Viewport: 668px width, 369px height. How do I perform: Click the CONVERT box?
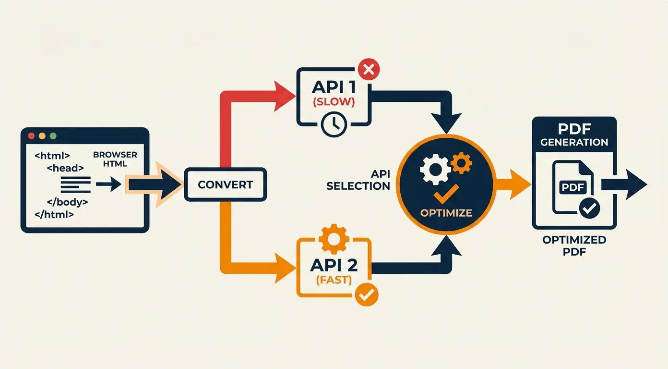click(x=225, y=184)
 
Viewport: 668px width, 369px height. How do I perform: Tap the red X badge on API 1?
click(x=368, y=71)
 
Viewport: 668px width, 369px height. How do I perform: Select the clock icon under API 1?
click(x=334, y=123)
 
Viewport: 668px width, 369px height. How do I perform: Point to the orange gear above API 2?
click(x=333, y=239)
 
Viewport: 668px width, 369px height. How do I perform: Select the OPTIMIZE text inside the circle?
click(x=446, y=213)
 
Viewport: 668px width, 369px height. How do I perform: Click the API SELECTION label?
click(x=359, y=180)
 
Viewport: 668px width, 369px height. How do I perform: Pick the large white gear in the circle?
click(x=434, y=169)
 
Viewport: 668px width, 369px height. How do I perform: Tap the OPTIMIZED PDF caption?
click(x=574, y=246)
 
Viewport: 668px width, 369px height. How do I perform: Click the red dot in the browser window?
click(x=32, y=136)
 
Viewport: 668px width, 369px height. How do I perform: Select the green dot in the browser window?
click(x=53, y=136)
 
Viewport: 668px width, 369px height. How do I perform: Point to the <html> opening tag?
click(x=52, y=156)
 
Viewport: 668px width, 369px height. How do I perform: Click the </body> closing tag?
click(x=67, y=202)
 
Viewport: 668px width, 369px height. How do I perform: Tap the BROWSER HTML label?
click(x=115, y=159)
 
